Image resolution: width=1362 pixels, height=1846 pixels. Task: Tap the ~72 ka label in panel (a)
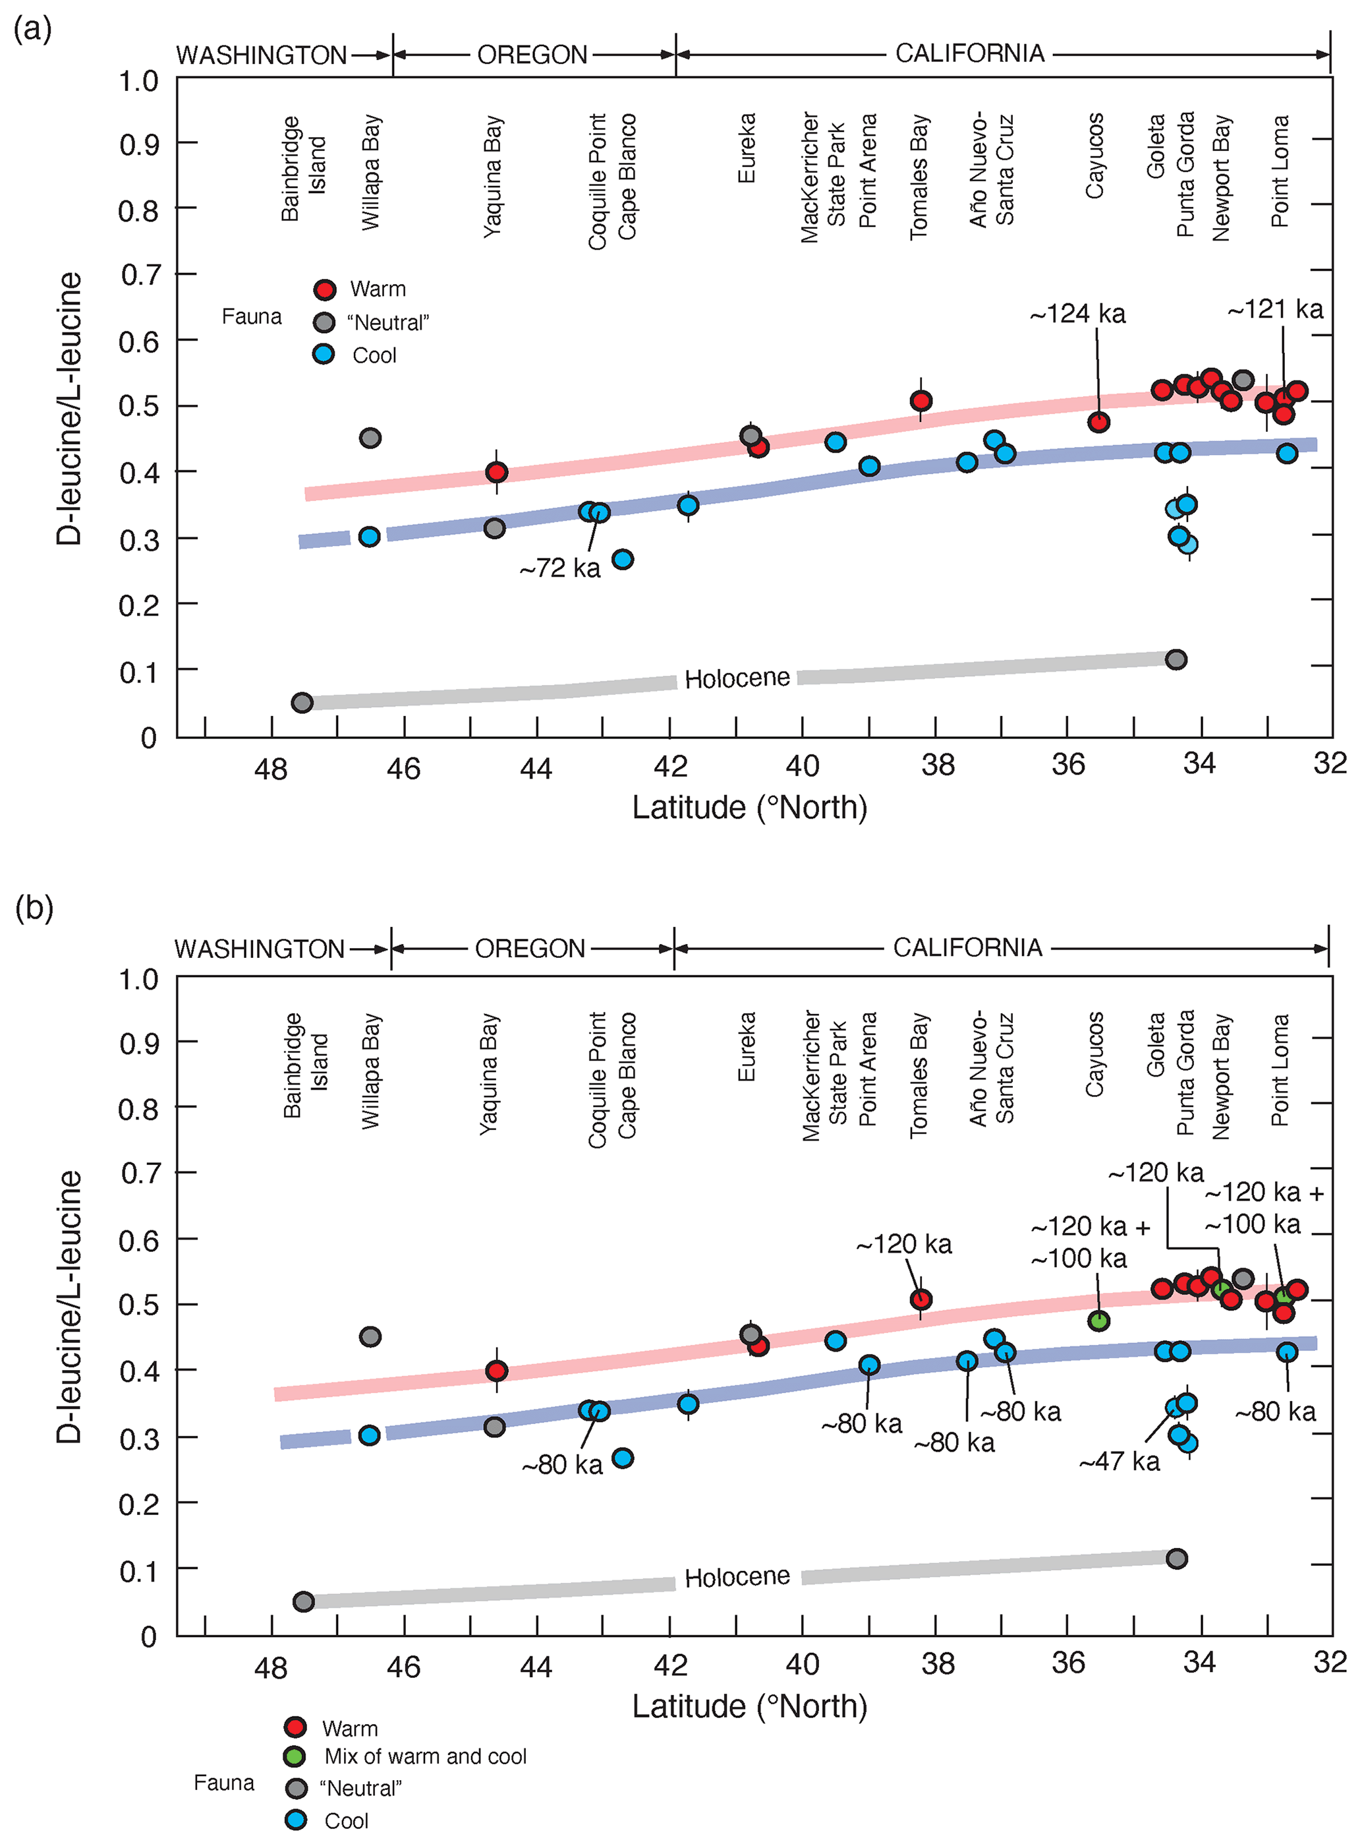tap(560, 568)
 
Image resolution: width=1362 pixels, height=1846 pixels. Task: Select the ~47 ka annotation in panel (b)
tap(1119, 1462)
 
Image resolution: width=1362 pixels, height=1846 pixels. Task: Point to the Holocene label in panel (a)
tap(737, 678)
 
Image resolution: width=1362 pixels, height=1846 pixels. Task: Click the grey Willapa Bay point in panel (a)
tap(370, 438)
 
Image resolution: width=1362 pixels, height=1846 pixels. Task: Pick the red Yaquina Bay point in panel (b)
tap(496, 1371)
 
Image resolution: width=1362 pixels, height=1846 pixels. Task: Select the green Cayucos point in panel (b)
tap(1098, 1321)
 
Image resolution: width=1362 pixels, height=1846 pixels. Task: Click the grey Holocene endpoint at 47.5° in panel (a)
tap(302, 703)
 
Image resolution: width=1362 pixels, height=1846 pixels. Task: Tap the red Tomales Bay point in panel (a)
tap(921, 401)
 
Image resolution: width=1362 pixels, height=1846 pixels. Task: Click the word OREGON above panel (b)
tap(530, 949)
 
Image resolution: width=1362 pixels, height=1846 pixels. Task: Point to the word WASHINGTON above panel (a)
tap(262, 55)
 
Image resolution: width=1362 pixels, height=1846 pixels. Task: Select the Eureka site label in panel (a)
tap(746, 148)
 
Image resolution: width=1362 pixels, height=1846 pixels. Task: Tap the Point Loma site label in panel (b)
tap(1279, 1071)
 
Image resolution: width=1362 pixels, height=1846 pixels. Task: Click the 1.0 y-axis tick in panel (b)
tap(138, 979)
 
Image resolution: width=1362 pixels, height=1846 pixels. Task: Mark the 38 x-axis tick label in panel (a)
tap(938, 765)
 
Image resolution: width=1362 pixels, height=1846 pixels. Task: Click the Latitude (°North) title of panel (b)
tap(749, 1706)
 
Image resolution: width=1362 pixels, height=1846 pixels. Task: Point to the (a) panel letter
tap(33, 30)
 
